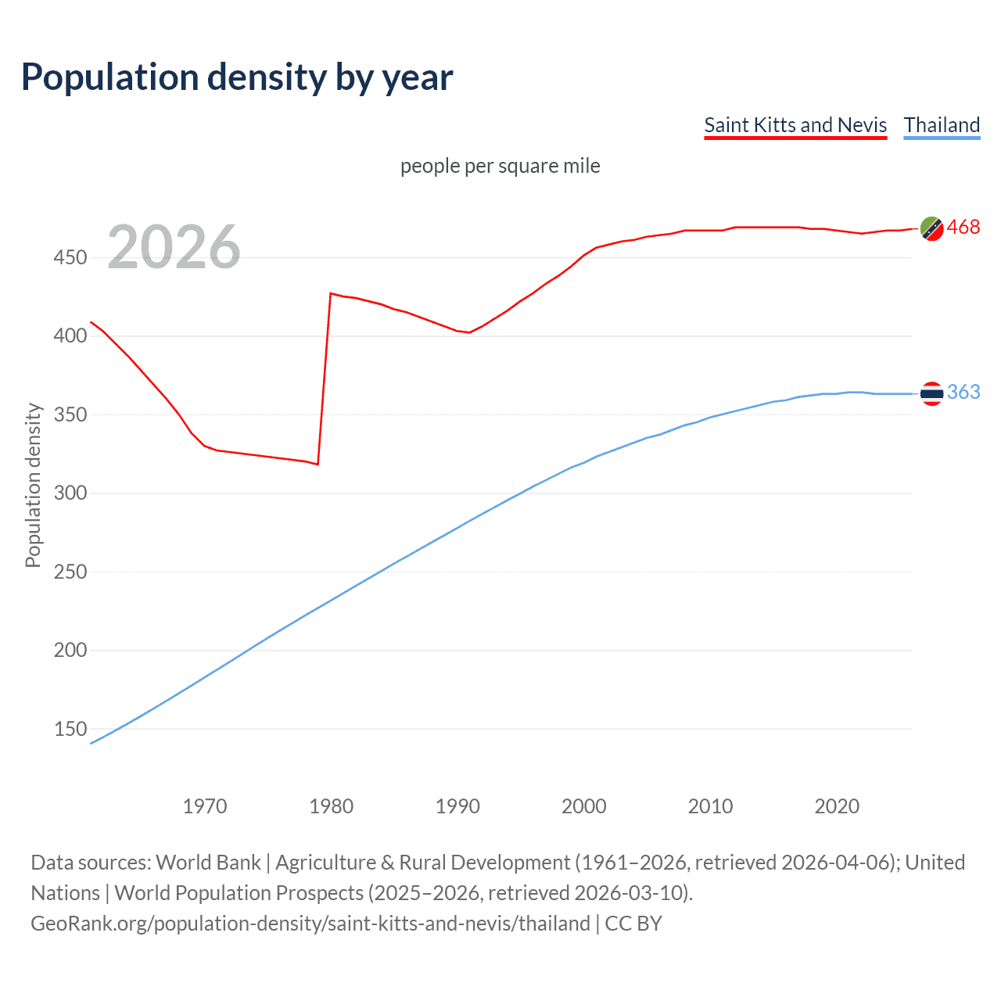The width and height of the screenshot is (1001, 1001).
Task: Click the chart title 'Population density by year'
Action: pyautogui.click(x=237, y=77)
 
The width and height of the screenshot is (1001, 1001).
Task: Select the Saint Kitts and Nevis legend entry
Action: pyautogui.click(x=795, y=125)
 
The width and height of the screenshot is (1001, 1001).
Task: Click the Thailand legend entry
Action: pyautogui.click(x=942, y=125)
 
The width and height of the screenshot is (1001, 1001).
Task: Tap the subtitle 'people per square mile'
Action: pyautogui.click(x=500, y=166)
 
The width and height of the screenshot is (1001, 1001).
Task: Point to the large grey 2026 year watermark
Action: pyautogui.click(x=174, y=247)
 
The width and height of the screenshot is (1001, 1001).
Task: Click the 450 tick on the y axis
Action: pyautogui.click(x=70, y=257)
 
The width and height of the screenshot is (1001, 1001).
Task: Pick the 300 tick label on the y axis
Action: pyautogui.click(x=70, y=493)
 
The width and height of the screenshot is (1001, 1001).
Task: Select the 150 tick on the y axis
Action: pyautogui.click(x=70, y=729)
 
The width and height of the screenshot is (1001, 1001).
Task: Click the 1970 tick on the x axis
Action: pyautogui.click(x=205, y=806)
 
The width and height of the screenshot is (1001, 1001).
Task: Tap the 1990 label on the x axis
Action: pyautogui.click(x=457, y=806)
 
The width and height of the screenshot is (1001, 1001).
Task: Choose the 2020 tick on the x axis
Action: pyautogui.click(x=837, y=806)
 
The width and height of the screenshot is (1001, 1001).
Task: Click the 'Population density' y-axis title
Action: pyautogui.click(x=33, y=485)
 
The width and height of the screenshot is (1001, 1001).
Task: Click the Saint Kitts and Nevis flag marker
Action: pyautogui.click(x=931, y=228)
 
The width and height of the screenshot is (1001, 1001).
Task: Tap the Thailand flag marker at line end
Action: pyautogui.click(x=931, y=393)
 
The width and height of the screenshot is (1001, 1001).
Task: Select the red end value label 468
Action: pyautogui.click(x=963, y=228)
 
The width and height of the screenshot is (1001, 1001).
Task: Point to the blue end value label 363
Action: pyautogui.click(x=963, y=392)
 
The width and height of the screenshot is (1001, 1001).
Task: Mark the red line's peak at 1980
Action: pyautogui.click(x=331, y=293)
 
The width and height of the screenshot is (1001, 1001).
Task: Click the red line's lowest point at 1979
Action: pyautogui.click(x=318, y=465)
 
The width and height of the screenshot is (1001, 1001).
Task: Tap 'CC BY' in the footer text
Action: pyautogui.click(x=633, y=924)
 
